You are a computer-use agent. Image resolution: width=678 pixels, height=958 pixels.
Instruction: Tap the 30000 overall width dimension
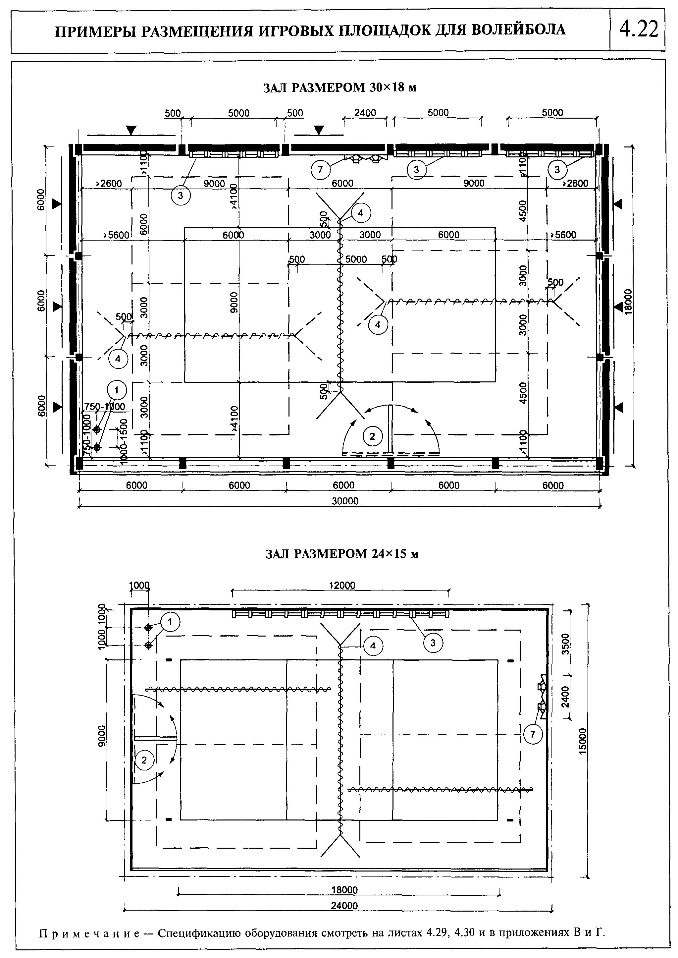(345, 501)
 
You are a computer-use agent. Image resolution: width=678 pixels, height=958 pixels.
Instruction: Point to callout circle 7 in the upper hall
(320, 170)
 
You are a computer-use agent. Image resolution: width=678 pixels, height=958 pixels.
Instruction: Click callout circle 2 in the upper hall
(372, 437)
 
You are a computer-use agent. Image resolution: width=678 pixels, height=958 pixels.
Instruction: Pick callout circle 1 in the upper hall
(117, 390)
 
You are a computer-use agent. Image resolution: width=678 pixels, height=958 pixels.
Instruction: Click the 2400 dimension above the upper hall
(365, 113)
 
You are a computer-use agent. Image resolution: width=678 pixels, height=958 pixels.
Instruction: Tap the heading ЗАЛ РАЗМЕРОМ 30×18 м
(340, 88)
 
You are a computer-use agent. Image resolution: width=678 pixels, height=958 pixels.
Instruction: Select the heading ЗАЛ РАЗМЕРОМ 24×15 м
(342, 554)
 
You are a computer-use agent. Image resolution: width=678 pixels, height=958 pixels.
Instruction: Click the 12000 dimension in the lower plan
(342, 586)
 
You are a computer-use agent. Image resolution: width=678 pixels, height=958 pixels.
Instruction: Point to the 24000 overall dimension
(345, 906)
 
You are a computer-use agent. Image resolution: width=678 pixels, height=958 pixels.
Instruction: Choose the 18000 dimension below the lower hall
(345, 890)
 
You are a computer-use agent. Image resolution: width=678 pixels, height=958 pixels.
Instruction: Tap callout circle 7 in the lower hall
(533, 735)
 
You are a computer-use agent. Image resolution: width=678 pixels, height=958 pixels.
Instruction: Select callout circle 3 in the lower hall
(433, 643)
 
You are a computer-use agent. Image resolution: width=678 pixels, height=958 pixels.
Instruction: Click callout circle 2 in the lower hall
(144, 760)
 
